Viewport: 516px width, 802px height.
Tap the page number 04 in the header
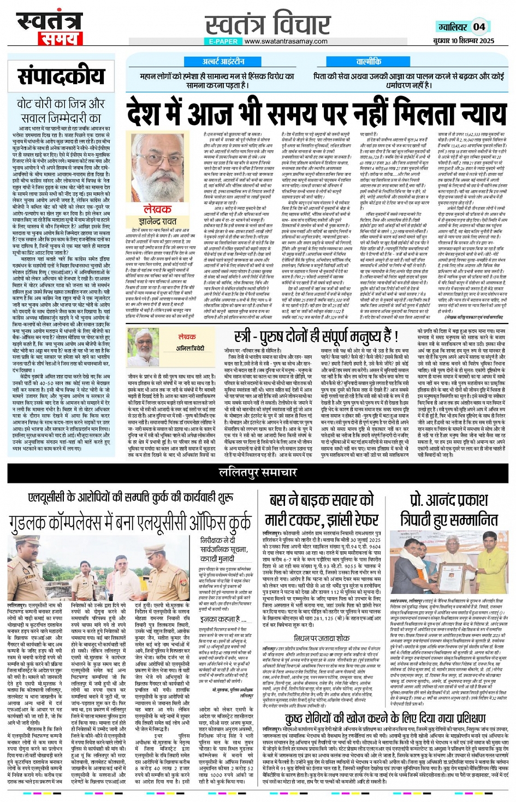pyautogui.click(x=479, y=27)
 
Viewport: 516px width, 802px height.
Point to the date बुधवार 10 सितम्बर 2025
pyautogui.click(x=464, y=41)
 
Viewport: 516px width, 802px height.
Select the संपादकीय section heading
pyautogui.click(x=61, y=77)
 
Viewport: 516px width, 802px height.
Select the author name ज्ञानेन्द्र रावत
pyautogui.click(x=158, y=221)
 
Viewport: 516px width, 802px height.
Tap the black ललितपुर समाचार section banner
pyautogui.click(x=258, y=472)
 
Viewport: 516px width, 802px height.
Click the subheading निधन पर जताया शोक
pyautogui.click(x=321, y=638)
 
